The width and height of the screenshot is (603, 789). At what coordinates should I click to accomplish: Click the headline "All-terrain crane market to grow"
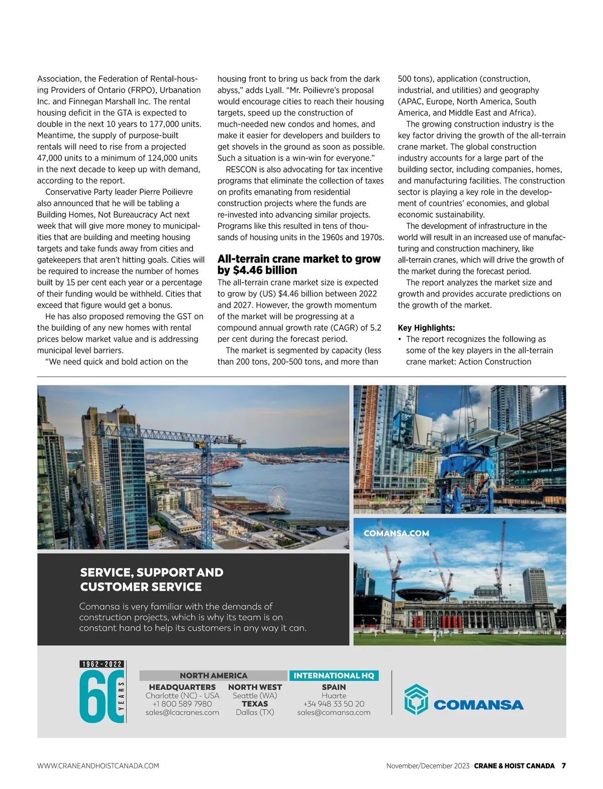299,259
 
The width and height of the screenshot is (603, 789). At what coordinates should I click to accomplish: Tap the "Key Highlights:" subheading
426,328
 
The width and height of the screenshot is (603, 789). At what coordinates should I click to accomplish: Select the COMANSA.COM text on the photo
396,534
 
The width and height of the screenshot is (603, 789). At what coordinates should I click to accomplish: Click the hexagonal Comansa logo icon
416,699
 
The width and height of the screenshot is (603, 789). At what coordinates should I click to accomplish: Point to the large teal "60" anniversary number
97,697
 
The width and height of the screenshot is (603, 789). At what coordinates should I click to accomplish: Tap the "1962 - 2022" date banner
102,664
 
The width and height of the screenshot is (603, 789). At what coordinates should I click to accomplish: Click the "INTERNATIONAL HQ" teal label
334,676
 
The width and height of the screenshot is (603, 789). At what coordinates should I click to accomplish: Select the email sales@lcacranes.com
182,713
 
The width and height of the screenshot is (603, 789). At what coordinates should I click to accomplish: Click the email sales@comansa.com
334,713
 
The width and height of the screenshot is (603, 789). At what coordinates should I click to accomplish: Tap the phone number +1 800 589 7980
182,704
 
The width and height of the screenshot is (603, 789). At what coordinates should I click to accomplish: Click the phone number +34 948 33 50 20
334,704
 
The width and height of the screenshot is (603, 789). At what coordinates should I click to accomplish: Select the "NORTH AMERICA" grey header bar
214,676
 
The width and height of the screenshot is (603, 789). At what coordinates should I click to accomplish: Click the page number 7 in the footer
563,766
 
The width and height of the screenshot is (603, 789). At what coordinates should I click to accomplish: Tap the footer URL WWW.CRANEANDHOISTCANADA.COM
98,766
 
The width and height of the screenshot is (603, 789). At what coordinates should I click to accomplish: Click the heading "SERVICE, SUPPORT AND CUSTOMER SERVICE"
151,579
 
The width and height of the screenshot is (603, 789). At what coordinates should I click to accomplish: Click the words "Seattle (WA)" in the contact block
255,695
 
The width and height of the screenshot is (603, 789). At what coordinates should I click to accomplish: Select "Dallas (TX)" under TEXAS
255,713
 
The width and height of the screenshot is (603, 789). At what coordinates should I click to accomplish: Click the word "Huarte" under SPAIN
334,695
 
